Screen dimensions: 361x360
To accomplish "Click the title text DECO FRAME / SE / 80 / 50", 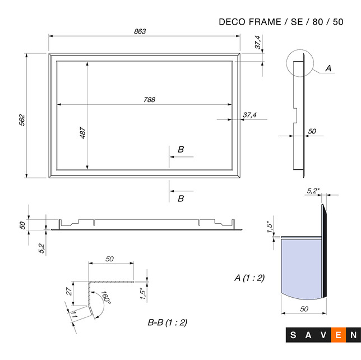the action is point(281,22).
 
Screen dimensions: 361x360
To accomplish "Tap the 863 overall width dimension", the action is point(140,31).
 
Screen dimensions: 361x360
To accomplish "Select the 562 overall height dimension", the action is point(22,120).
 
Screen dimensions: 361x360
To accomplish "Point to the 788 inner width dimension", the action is point(150,99).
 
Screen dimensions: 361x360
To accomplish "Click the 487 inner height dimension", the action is point(82,133).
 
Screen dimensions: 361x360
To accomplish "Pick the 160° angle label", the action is point(106,297).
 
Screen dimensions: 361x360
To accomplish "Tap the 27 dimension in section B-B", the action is point(69,291).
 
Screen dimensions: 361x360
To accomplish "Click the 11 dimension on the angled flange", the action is point(74,315).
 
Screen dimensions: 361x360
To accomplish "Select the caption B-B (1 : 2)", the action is point(168,322).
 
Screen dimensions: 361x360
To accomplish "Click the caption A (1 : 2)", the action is point(249,278).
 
